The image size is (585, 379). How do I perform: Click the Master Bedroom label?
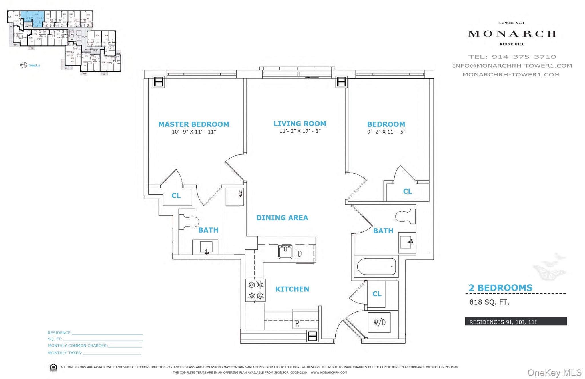[x=194, y=124]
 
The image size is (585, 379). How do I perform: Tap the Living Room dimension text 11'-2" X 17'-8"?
[x=300, y=131]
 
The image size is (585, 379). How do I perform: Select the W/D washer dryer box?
[x=379, y=322]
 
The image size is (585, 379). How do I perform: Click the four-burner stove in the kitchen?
[x=256, y=290]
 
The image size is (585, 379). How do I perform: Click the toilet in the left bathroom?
[x=189, y=222]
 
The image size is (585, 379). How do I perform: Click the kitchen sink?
[x=285, y=252]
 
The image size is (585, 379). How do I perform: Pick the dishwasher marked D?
[x=305, y=254]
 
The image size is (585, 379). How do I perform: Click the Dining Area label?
[x=282, y=218]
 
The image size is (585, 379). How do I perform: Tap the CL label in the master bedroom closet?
[x=176, y=196]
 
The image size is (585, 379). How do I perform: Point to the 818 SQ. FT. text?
[x=489, y=302]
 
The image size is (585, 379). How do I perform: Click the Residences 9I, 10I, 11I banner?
[x=516, y=321]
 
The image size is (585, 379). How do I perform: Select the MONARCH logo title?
[x=512, y=34]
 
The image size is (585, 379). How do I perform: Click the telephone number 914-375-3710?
[x=524, y=57]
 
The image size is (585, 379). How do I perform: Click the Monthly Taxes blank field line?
[x=112, y=353]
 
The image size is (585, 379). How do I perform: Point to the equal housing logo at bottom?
[x=53, y=367]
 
